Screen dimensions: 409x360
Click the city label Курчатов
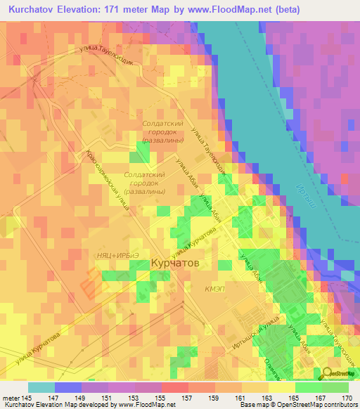click(x=175, y=262)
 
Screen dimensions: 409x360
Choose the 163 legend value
click(x=266, y=397)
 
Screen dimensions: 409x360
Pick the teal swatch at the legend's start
click(x=41, y=387)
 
